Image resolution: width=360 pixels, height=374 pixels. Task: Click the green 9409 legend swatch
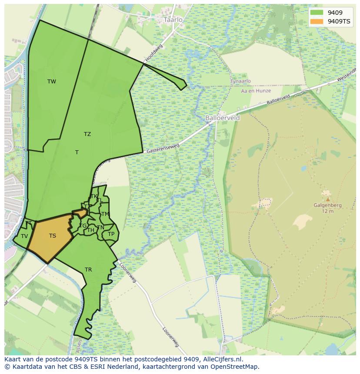(317, 13)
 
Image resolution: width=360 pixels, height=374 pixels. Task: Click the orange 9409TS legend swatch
(317, 21)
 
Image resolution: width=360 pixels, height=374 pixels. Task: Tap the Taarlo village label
(173, 20)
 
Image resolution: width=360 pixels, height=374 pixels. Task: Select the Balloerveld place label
(222, 118)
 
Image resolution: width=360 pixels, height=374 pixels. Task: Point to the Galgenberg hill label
(327, 205)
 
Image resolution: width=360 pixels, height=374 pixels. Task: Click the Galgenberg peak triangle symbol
(327, 199)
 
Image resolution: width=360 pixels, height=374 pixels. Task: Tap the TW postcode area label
(52, 82)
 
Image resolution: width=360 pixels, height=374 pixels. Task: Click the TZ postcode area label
(87, 134)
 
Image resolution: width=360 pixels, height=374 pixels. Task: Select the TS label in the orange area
(53, 236)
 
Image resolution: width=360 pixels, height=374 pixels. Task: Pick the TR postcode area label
(88, 270)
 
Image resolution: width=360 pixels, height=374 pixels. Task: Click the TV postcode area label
(24, 236)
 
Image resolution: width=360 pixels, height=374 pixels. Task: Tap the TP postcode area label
(111, 234)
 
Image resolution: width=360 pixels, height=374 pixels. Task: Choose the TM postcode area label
(105, 214)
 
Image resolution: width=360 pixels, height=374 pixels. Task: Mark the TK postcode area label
(94, 196)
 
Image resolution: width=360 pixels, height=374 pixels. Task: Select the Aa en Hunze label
(256, 91)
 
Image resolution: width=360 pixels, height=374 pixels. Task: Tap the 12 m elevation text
(327, 212)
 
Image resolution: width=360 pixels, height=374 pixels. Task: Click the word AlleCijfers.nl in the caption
(222, 359)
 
